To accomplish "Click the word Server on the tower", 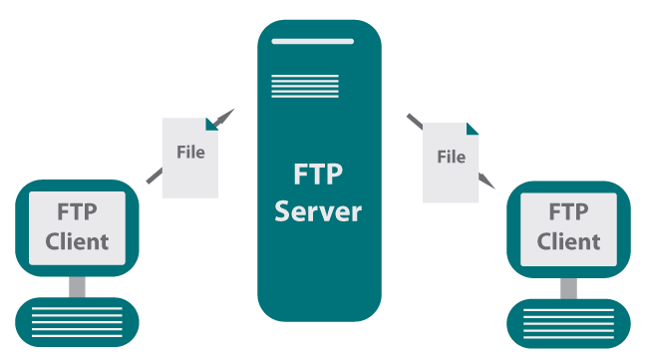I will (x=318, y=210).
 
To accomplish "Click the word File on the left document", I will (x=189, y=153).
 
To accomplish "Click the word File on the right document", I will (x=451, y=157).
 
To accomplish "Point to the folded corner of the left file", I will (x=211, y=124).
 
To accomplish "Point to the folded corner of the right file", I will (x=472, y=128).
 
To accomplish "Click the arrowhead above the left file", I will (x=227, y=115).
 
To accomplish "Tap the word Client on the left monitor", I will (x=77, y=240).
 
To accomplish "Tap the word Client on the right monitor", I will (x=568, y=241).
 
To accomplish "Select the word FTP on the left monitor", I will (x=77, y=212).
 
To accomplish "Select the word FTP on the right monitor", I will (x=568, y=213).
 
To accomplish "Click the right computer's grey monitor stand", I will (x=568, y=287).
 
